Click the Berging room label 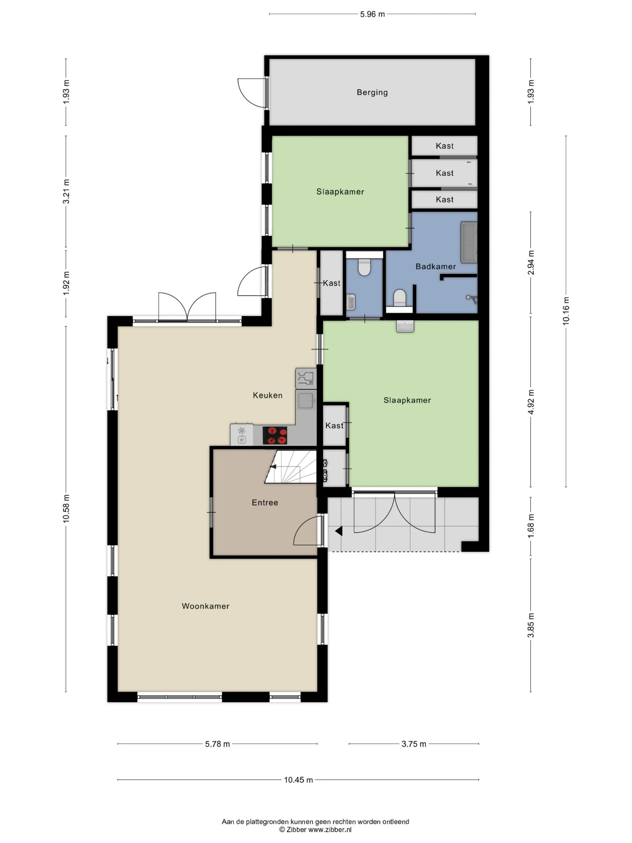tap(372, 92)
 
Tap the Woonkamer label tap(206, 606)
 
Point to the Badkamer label tap(435, 266)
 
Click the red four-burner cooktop tap(275, 436)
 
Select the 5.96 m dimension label tap(372, 14)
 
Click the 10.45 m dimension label tap(298, 780)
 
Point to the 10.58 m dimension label tap(66, 508)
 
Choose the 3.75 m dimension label tap(414, 744)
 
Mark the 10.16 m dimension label tap(566, 311)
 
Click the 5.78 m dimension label tap(218, 744)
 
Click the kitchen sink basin tap(306, 401)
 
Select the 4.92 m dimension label tap(531, 402)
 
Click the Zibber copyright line tap(315, 829)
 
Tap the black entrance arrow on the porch tap(339, 531)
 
